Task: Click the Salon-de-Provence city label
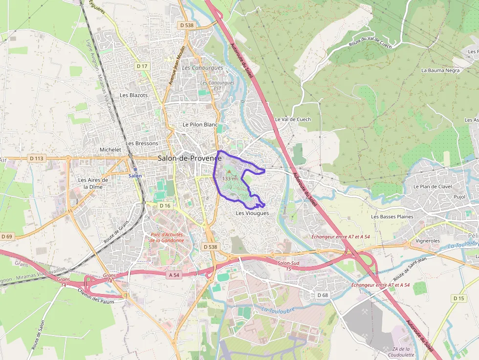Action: [190, 158]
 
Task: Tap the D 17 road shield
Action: [142, 66]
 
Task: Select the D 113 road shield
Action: [36, 158]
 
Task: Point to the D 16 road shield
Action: [165, 206]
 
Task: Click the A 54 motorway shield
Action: [174, 275]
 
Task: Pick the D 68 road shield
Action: [322, 295]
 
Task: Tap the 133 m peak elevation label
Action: [229, 179]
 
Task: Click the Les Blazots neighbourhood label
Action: [133, 95]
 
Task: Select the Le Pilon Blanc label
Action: [200, 125]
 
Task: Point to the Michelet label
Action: [110, 149]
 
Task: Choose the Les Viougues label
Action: [252, 213]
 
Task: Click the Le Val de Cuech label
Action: [293, 119]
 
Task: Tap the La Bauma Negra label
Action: [440, 70]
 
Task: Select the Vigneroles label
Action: [428, 241]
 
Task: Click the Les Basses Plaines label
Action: [392, 216]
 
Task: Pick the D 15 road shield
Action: [458, 298]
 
